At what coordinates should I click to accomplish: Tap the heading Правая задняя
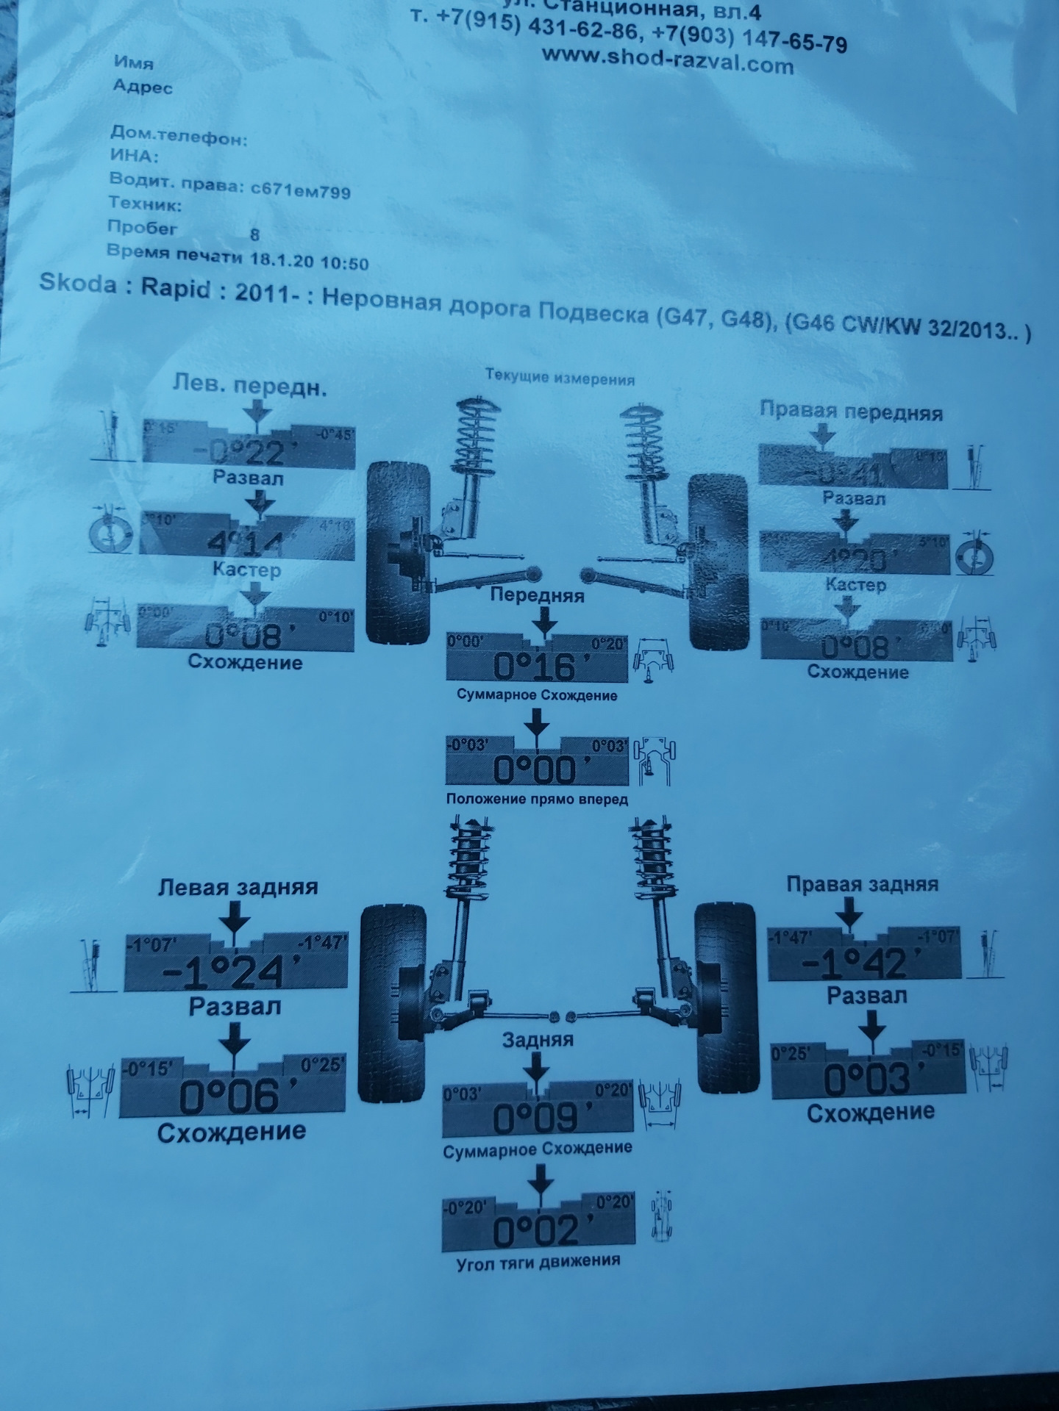pyautogui.click(x=862, y=883)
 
